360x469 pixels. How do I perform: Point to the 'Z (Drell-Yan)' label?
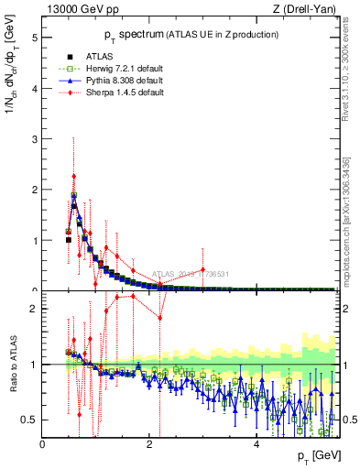pos(309,10)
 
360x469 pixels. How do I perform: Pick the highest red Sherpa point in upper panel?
pos(73,176)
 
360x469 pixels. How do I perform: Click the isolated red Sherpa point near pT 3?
pos(203,269)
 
